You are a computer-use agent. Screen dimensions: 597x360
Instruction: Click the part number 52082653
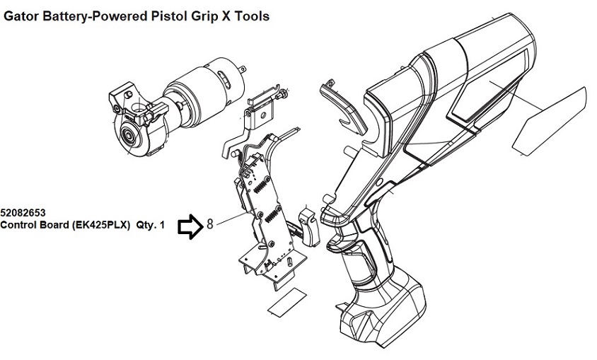pos(23,213)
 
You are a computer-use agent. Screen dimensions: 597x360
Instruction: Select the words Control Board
pos(34,225)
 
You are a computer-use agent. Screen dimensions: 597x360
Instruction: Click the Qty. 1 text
pos(151,225)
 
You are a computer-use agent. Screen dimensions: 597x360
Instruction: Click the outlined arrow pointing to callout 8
pos(191,227)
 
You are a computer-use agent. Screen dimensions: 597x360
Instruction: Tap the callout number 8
pos(210,223)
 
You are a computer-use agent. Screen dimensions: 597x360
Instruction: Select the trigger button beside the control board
pos(310,226)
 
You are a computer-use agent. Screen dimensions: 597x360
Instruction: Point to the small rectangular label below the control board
pos(287,303)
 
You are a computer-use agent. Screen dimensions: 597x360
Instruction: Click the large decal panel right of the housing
pos(550,122)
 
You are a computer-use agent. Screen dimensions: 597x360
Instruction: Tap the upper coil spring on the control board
pos(260,186)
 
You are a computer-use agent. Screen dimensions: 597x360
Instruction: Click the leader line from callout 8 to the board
pos(233,219)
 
